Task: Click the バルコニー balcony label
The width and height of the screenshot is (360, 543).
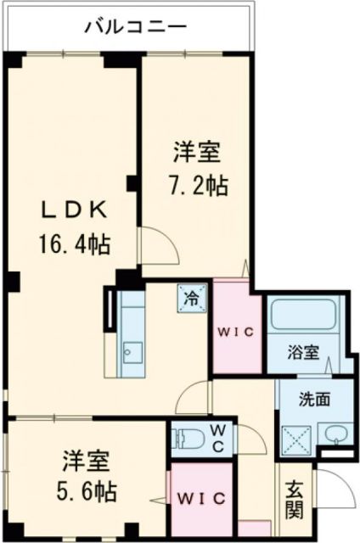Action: tap(136, 27)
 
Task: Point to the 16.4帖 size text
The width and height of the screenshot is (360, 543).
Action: tap(72, 245)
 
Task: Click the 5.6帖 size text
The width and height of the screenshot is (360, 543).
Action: tap(87, 490)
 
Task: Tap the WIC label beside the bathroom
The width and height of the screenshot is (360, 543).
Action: tap(237, 333)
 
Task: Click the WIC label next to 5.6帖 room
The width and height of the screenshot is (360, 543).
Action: tap(202, 497)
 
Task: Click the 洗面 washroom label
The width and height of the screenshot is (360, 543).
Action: tap(313, 399)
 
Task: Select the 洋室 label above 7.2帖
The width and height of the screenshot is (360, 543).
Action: tap(197, 153)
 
